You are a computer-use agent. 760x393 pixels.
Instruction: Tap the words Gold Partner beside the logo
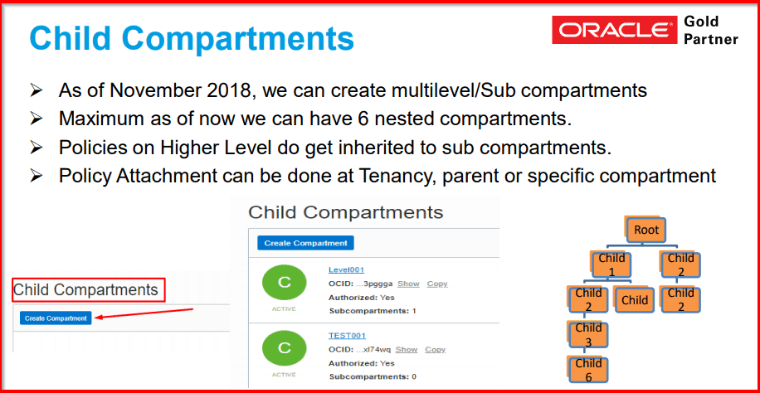(x=710, y=30)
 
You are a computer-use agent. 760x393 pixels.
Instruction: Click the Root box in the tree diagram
(x=646, y=230)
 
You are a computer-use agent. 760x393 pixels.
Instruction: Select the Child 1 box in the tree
(x=611, y=264)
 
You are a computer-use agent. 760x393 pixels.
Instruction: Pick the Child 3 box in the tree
(x=588, y=334)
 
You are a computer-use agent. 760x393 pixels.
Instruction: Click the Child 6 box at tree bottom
(x=588, y=369)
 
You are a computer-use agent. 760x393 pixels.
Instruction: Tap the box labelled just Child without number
(x=634, y=299)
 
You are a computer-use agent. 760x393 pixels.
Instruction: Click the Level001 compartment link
(x=346, y=269)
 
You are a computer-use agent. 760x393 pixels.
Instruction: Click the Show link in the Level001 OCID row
(x=408, y=284)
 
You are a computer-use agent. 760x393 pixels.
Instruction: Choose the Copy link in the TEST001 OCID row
(x=435, y=350)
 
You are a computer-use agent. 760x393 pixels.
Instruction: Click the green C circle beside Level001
(x=284, y=283)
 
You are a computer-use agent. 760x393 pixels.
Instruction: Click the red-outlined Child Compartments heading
(x=86, y=290)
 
